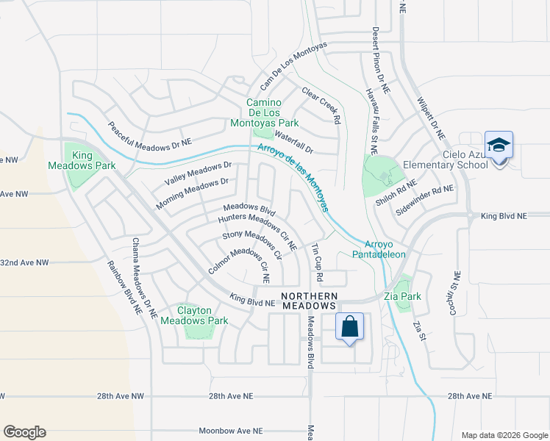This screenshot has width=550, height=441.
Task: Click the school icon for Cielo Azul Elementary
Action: point(499,145)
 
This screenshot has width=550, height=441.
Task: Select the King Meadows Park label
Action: point(93,161)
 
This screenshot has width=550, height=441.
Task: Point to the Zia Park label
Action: point(401,296)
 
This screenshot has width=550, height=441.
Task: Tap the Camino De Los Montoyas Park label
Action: point(272,112)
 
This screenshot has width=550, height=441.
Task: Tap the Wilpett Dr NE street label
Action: point(431,118)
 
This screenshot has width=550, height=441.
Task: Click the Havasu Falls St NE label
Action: point(371,121)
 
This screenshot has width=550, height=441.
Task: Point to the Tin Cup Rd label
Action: point(318,263)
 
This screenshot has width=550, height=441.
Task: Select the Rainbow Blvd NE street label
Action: point(124,287)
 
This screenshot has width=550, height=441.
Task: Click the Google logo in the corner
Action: point(24,431)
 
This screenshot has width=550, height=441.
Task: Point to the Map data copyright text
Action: point(504,435)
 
